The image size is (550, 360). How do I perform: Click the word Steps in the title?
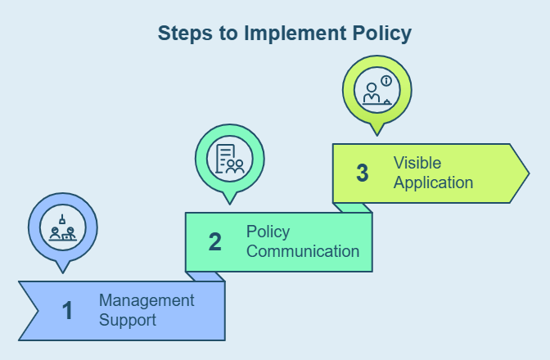pos(182,34)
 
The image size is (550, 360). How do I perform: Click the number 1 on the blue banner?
pos(67,311)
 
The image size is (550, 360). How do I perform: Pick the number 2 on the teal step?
pos(214,242)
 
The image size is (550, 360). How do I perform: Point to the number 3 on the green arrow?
pos(363,173)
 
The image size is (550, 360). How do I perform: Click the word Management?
pos(147,300)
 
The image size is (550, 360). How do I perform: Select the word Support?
pos(128,319)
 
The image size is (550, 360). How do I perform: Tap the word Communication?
pos(303,251)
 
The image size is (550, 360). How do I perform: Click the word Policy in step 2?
pos(268,232)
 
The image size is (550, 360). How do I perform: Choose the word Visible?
pos(417,163)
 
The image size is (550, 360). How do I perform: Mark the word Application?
pos(433,182)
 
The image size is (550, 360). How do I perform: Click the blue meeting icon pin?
pos(63,227)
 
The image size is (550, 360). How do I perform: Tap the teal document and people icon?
pos(230,158)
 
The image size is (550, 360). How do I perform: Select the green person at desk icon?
pos(377,89)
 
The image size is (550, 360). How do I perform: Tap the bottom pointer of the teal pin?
pos(230,201)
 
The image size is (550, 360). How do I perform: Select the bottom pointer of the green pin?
pos(377,133)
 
